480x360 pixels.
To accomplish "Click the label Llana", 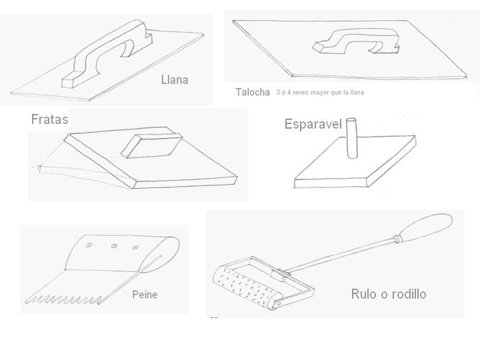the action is [175, 80].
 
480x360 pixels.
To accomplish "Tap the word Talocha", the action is [253, 92].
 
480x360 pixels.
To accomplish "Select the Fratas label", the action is [49, 119].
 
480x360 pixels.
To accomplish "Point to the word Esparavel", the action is [313, 124].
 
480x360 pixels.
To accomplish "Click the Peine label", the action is [145, 295].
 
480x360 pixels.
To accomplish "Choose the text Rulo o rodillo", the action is [389, 294].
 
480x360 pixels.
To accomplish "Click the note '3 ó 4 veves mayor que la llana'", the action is [320, 92].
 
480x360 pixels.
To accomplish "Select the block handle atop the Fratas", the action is [151, 145].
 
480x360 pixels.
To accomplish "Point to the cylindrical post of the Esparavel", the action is [351, 139].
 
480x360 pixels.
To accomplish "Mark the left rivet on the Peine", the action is [89, 245].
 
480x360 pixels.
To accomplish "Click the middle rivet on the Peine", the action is [114, 245].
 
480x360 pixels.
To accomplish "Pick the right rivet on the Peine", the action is [135, 247].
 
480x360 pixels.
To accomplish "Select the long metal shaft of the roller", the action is [340, 255].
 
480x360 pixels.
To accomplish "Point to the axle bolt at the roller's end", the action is [279, 303].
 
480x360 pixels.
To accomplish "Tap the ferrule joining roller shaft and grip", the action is [397, 239].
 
